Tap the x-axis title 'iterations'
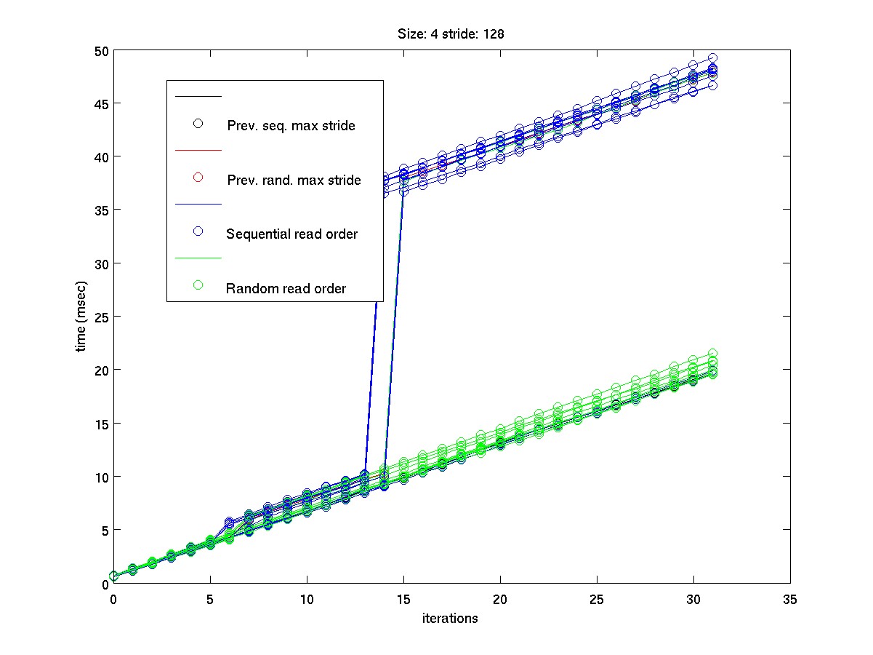click(450, 619)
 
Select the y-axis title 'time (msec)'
click(83, 316)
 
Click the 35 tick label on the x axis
click(790, 599)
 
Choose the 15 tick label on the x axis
click(403, 599)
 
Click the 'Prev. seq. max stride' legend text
click(291, 126)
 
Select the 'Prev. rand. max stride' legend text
click(294, 180)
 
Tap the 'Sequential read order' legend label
click(291, 234)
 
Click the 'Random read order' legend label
click(286, 289)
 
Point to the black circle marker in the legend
click(198, 123)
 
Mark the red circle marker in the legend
click(198, 178)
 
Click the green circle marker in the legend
click(198, 285)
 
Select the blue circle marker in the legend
click(198, 231)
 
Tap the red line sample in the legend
click(198, 150)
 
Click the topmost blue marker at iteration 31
click(713, 58)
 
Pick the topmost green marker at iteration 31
click(713, 354)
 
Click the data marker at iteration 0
click(113, 576)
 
